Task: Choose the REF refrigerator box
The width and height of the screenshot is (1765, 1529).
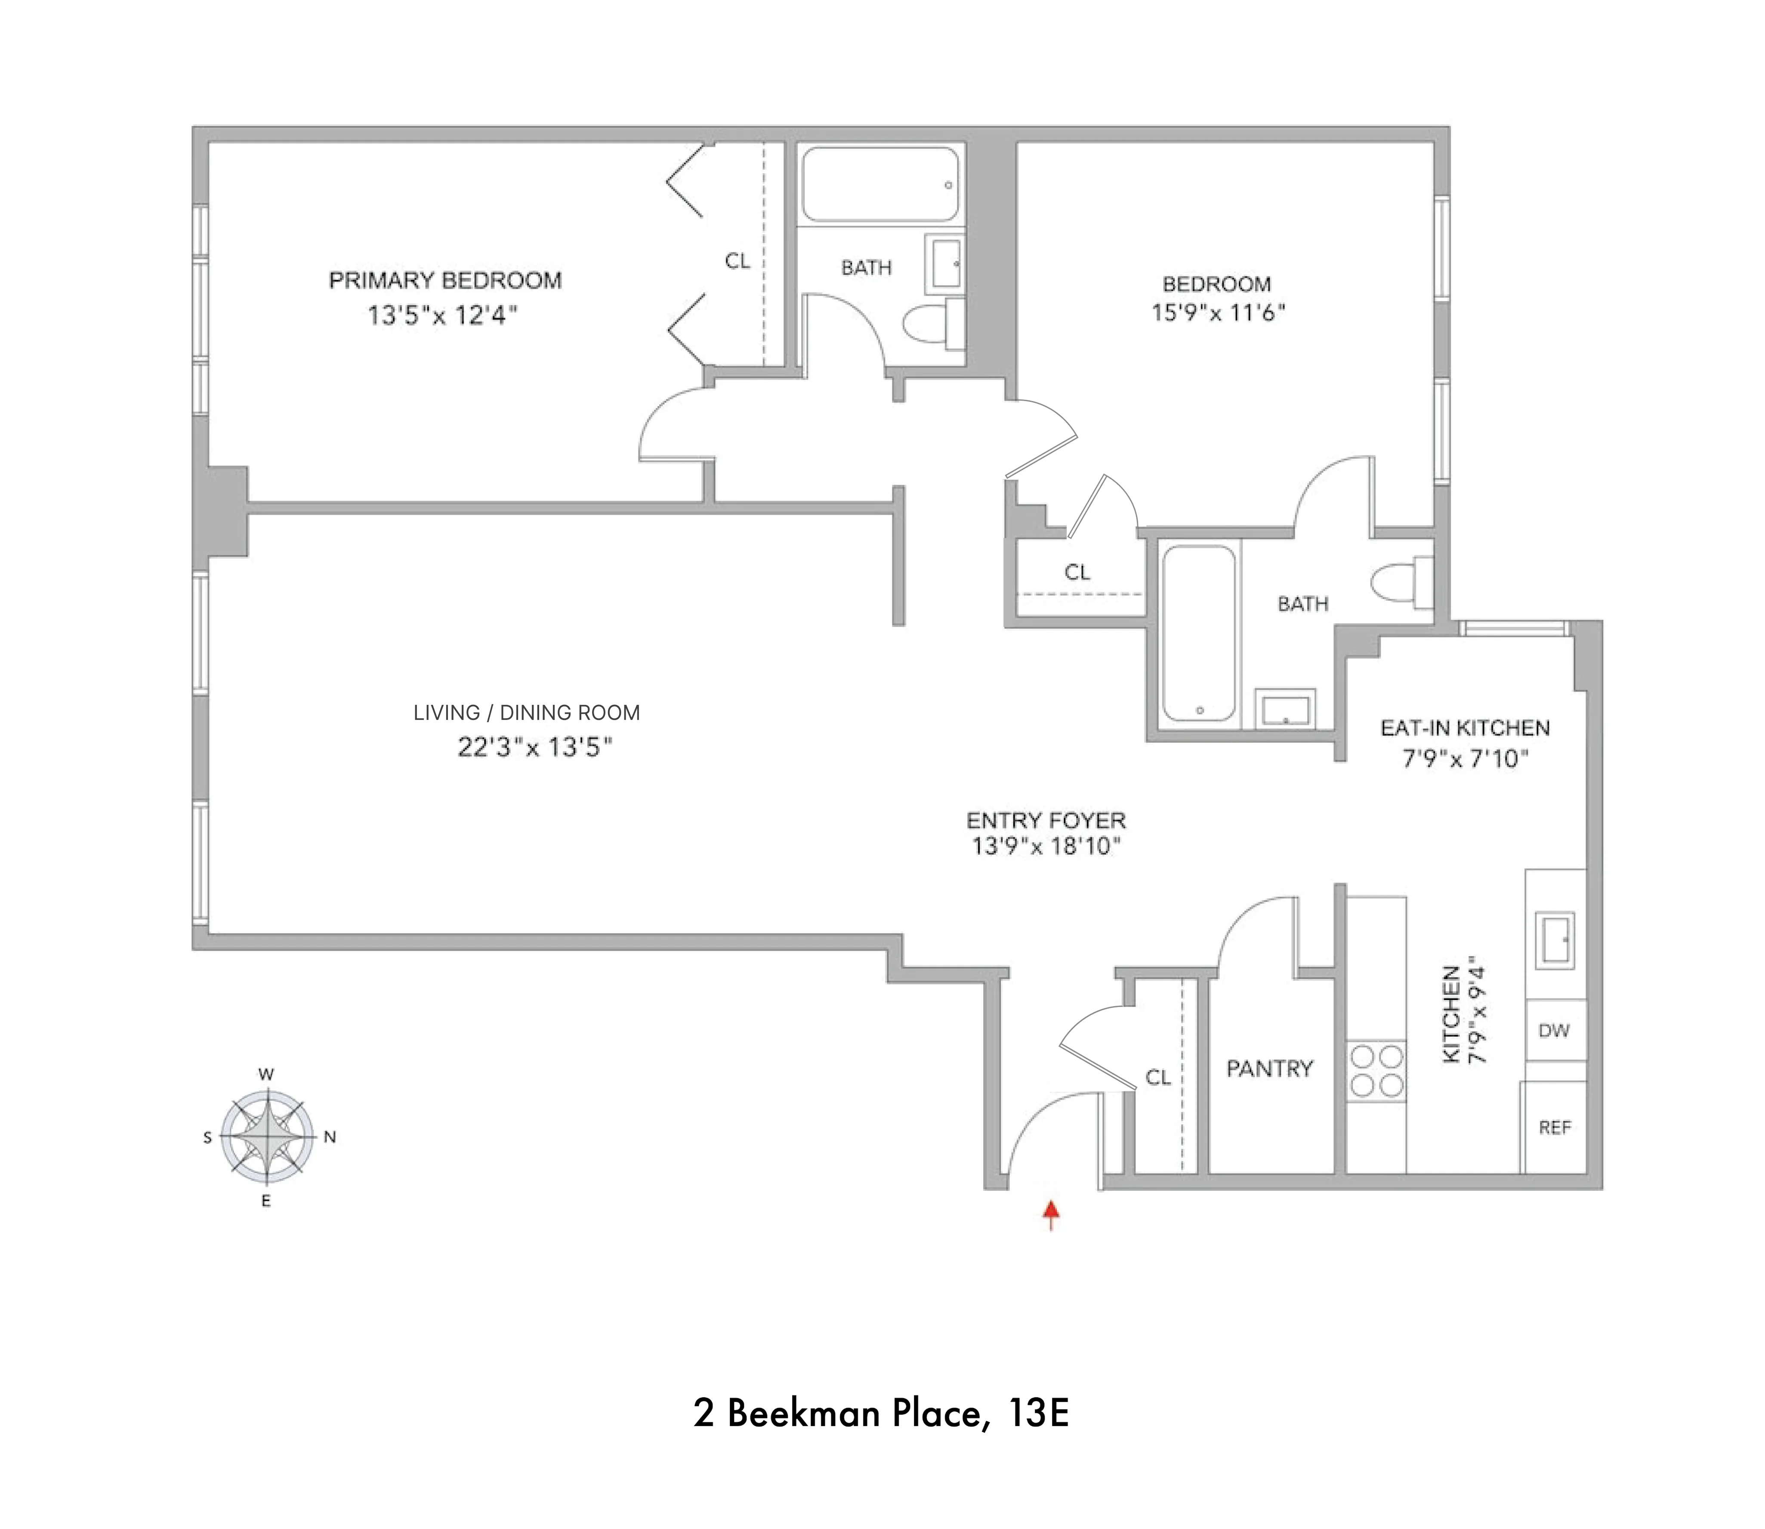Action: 1554,1127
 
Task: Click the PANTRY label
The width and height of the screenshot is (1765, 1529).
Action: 1269,1068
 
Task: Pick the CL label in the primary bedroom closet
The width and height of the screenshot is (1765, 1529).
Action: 737,261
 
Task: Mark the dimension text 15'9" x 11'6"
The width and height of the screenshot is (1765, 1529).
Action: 1217,312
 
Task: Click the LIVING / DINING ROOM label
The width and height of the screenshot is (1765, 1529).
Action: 526,713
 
